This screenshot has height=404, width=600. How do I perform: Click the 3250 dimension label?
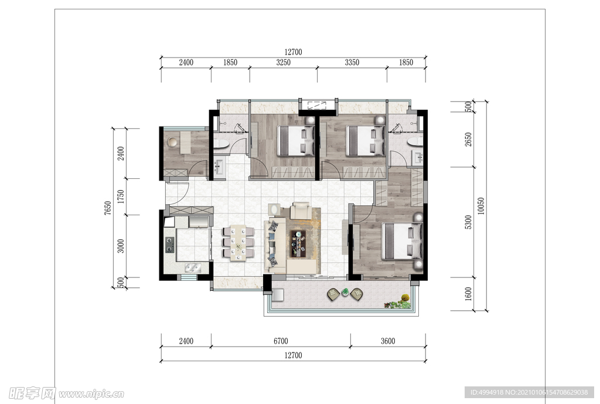pos(283,62)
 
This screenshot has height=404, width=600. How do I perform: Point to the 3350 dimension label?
pos(352,62)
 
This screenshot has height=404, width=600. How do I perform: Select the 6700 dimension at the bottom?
pos(281,341)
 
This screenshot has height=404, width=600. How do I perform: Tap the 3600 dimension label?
pos(388,341)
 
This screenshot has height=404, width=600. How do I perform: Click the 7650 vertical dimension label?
pos(108,208)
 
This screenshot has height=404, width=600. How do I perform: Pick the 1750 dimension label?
pos(121,196)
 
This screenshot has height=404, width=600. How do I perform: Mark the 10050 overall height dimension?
pos(481,206)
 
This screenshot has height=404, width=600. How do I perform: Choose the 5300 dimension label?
pos(468,222)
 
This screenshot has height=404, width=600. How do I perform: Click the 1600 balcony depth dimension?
pos(468,294)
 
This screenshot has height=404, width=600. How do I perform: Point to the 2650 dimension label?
pos(468,140)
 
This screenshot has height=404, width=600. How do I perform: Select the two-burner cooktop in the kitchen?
pos(169,245)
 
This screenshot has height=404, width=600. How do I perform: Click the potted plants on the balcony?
pos(398,302)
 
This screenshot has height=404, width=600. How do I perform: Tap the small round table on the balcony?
pos(345,292)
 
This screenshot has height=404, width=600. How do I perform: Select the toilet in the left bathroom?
pos(221,144)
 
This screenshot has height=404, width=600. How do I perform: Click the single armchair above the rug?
pos(301,211)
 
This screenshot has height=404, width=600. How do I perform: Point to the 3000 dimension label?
pos(121,246)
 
